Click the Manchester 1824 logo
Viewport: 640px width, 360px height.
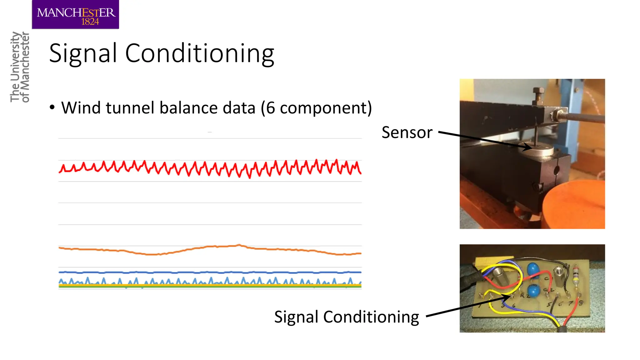[x=75, y=15]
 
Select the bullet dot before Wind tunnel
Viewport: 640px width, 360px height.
[x=52, y=107]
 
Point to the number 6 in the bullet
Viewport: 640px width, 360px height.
[x=270, y=108]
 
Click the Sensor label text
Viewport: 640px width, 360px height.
[x=407, y=132]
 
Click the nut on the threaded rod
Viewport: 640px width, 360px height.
[x=556, y=114]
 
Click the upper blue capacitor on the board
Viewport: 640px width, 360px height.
[x=533, y=269]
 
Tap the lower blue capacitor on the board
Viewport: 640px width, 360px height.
[x=533, y=291]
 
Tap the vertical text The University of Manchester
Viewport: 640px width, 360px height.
[x=19, y=67]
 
